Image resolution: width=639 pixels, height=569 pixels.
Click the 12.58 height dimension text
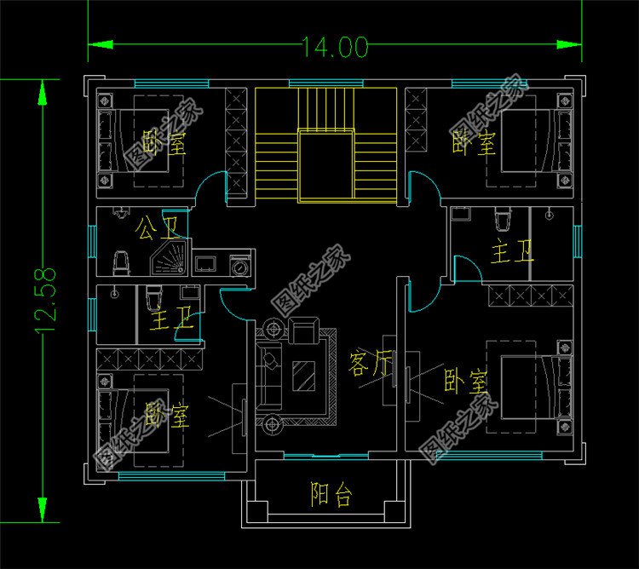point(44,299)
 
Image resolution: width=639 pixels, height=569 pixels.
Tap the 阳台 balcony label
point(331,494)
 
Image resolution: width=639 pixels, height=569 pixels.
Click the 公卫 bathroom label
point(158,227)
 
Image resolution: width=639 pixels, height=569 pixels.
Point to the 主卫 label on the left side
point(170,322)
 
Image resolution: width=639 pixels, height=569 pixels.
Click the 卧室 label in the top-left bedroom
point(164,142)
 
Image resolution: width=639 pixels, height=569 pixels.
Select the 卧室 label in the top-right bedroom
point(474,142)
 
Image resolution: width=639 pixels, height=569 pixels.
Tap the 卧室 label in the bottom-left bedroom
point(167,417)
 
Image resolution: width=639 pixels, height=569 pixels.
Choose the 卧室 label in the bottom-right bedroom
point(465,380)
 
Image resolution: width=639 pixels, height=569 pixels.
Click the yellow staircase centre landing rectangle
point(325,165)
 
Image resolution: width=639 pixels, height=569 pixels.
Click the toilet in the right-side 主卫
point(502,221)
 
